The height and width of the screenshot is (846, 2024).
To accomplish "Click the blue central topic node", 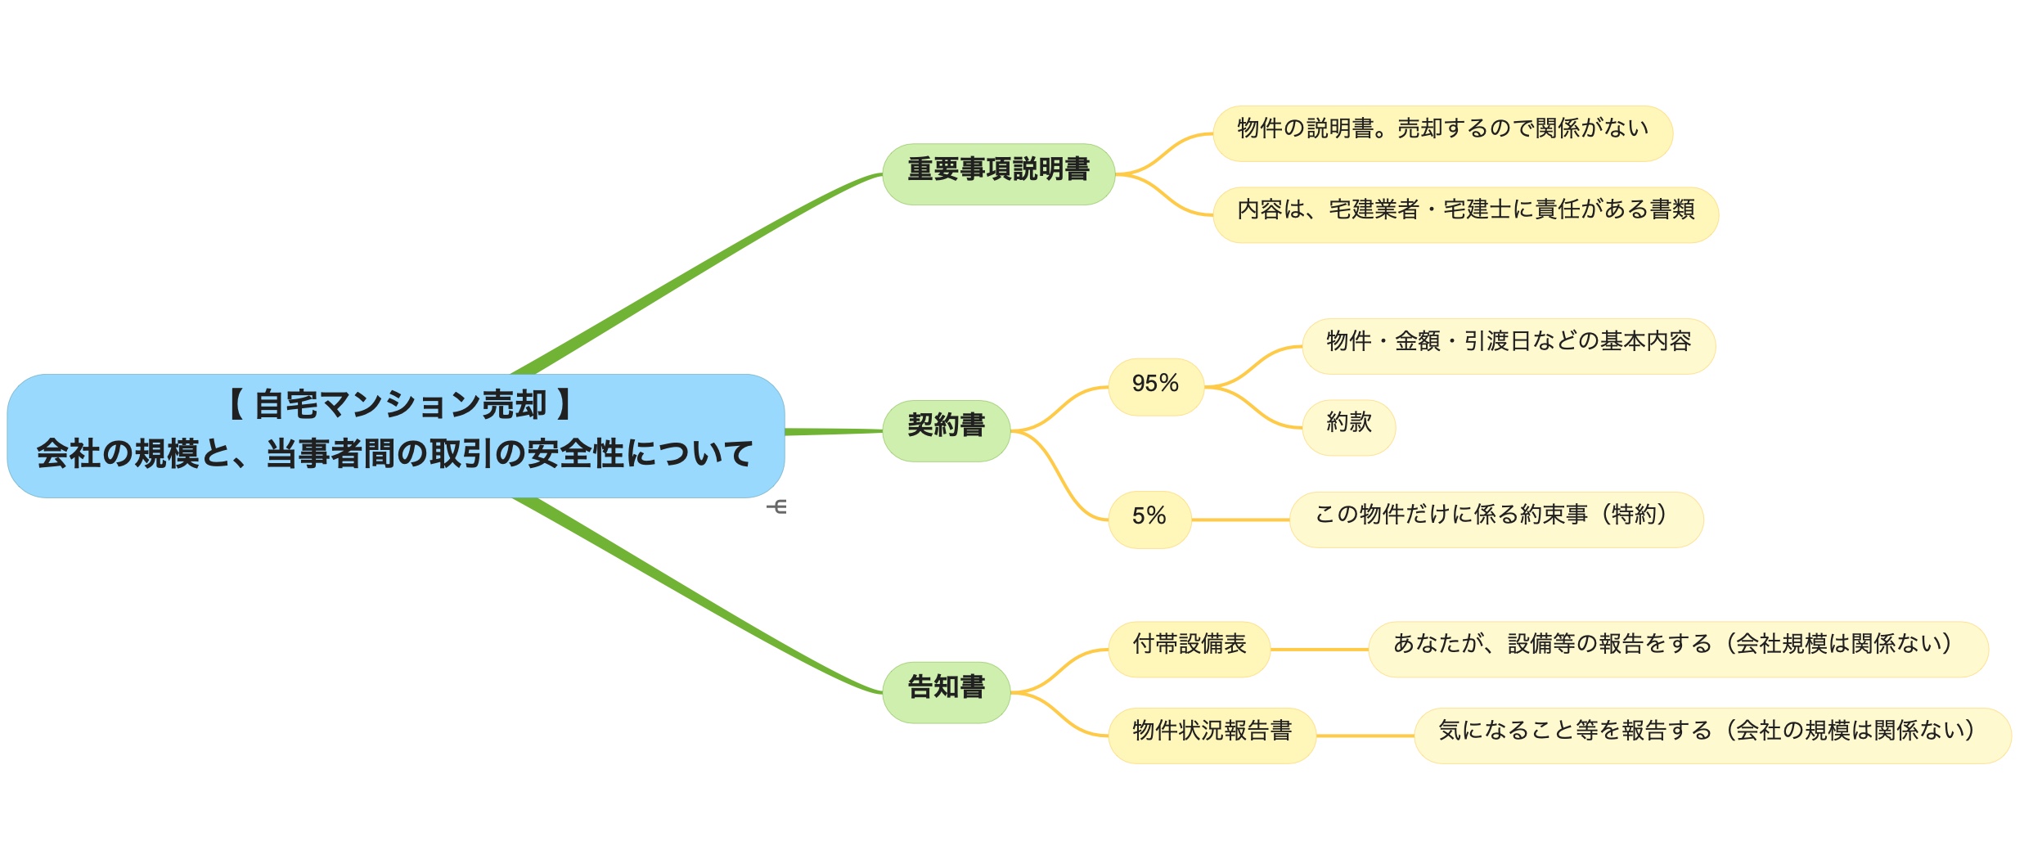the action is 396,436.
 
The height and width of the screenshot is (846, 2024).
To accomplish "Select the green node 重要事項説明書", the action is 999,174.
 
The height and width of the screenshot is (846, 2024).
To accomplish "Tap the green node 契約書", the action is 947,431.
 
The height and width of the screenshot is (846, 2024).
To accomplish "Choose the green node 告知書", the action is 947,692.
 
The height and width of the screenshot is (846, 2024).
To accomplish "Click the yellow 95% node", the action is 1156,387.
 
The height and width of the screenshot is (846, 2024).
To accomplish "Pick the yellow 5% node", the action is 1149,520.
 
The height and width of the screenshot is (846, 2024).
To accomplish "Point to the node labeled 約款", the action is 1349,427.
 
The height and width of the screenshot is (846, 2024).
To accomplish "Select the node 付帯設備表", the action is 1190,649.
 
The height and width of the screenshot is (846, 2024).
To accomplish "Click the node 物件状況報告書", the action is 1212,736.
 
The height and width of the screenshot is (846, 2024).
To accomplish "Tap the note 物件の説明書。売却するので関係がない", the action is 1443,133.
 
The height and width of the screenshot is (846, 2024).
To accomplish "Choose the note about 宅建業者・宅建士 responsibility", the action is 1466,215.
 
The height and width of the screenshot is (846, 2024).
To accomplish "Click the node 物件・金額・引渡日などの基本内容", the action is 1509,346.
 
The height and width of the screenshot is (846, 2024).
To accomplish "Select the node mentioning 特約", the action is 1496,520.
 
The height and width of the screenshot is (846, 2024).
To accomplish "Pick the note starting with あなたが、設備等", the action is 1679,649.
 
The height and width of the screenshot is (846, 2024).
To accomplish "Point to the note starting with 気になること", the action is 1713,736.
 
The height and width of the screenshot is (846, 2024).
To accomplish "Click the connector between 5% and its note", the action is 1240,520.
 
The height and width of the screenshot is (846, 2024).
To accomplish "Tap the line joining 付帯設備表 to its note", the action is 1320,650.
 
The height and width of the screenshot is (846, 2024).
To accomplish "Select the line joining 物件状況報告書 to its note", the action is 1365,736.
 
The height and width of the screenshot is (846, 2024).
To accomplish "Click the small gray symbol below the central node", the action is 777,507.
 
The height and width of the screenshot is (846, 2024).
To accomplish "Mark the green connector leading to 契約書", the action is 834,431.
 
